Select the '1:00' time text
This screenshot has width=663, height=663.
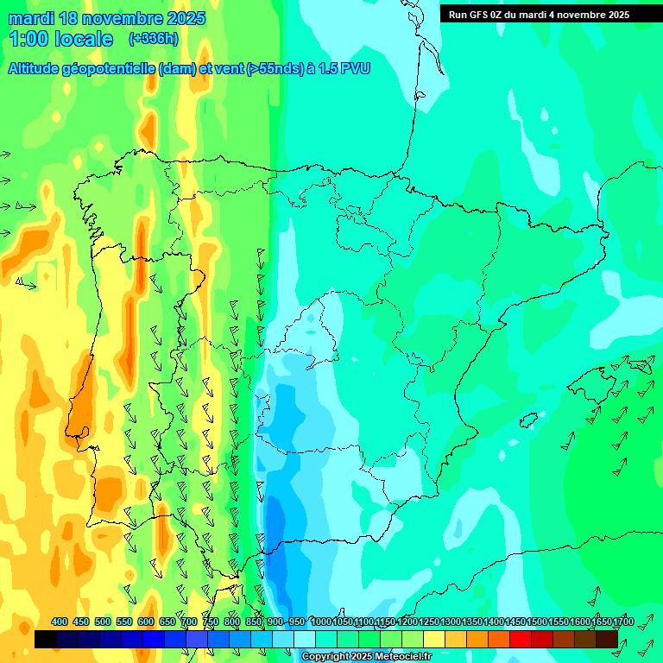pyautogui.click(x=28, y=39)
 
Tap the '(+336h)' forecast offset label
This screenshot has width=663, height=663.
pyautogui.click(x=155, y=39)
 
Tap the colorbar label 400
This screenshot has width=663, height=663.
pyautogui.click(x=60, y=622)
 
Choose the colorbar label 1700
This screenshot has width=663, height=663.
pyautogui.click(x=623, y=622)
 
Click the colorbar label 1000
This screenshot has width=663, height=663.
pyautogui.click(x=321, y=622)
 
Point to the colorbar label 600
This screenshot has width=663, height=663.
pyautogui.click(x=146, y=622)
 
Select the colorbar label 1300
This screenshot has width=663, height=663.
pyautogui.click(x=451, y=622)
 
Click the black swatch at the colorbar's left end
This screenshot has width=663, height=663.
pyautogui.click(x=46, y=639)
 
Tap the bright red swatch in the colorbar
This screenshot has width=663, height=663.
pyautogui.click(x=521, y=639)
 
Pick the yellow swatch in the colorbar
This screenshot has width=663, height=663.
pyautogui.click(x=434, y=639)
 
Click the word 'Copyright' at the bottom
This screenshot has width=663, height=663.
pyautogui.click(x=325, y=657)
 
